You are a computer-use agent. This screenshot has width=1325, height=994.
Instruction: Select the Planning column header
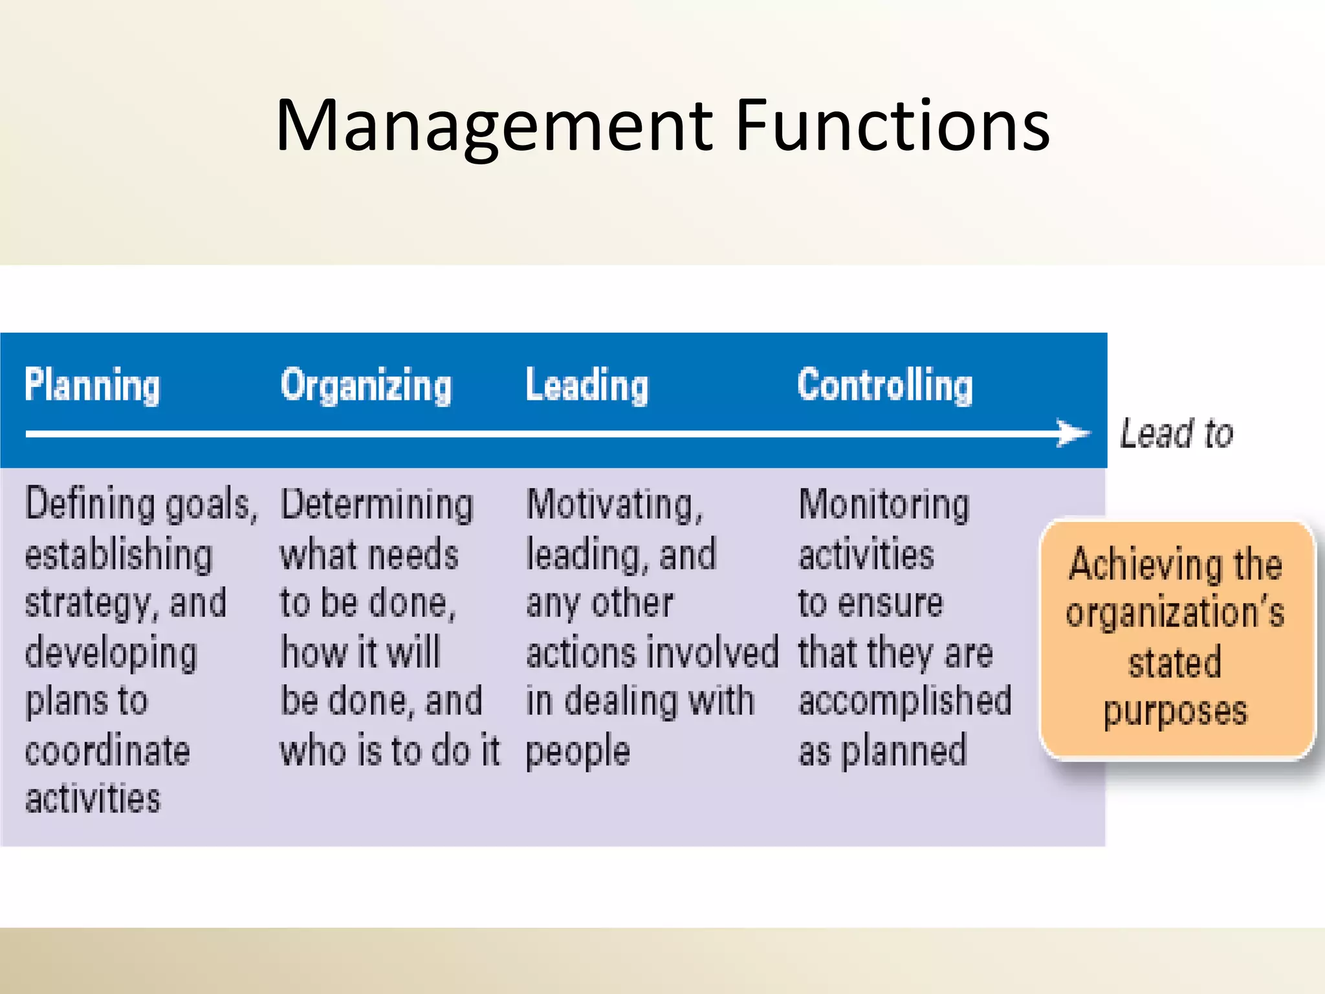point(92,386)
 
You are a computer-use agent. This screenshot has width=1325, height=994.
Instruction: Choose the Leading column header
point(587,386)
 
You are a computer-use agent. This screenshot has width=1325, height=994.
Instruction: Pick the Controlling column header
point(884,386)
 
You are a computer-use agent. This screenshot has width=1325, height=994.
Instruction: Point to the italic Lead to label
point(1176,433)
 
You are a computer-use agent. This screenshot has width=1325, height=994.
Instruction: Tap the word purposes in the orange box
point(1175,712)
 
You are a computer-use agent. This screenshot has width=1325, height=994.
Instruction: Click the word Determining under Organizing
point(377,505)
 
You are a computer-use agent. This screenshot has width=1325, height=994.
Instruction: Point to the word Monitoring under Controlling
point(884,505)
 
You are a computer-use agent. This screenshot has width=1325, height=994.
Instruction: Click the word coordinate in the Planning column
point(107,751)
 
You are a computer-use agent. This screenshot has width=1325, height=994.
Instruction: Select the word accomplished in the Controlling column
point(905,701)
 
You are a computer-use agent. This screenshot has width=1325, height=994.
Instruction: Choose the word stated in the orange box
point(1175,663)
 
